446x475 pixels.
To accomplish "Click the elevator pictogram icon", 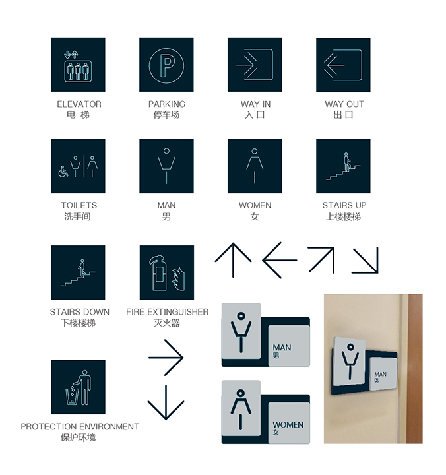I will pos(78,65).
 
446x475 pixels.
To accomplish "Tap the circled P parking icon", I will pos(166,65).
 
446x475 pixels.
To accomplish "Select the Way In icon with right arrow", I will pos(255,65).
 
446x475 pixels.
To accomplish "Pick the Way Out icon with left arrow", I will pos(343,65).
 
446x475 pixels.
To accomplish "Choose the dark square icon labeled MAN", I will pos(166,166).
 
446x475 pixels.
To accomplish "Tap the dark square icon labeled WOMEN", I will pos(255,166).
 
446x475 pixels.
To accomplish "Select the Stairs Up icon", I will pos(343,166).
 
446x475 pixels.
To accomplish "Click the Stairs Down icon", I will pos(78,272).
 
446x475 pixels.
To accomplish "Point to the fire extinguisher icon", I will pos(166,272).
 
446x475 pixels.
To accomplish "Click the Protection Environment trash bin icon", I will pos(78,387).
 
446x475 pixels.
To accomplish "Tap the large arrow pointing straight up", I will pos(233,261).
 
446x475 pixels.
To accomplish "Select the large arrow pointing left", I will pos(280,261).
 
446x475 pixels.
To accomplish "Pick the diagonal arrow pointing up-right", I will pos(321,260).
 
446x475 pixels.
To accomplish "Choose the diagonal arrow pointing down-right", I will pos(366,261).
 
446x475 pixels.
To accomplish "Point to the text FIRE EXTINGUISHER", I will pos(167,312).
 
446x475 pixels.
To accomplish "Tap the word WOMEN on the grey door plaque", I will pos(288,424).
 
